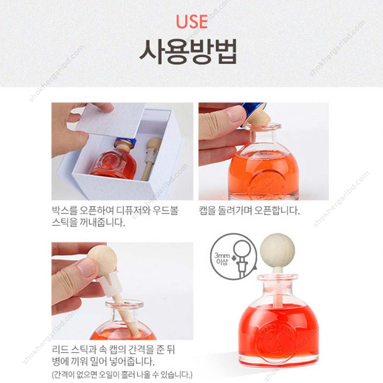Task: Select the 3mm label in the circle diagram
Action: pos(221,255)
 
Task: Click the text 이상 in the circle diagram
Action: pos(221,263)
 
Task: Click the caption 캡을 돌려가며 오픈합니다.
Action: pos(249,211)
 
